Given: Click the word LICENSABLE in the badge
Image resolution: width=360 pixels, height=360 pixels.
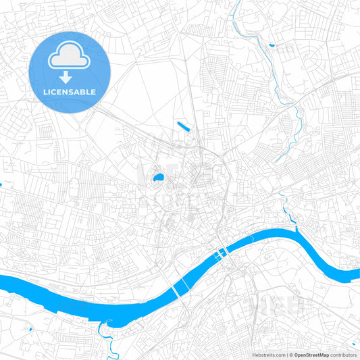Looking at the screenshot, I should tap(69, 91).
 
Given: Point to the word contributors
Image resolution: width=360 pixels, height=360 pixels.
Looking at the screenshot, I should tap(344, 355).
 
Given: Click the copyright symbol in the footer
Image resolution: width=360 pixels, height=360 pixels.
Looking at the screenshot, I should tap(291, 355).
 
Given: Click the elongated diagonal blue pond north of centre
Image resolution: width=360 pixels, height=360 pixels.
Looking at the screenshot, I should tap(183, 126).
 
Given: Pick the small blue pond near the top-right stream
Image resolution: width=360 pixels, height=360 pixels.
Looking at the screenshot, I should tap(272, 45).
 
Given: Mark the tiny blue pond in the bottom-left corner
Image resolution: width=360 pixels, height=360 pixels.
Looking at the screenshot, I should tap(31, 329).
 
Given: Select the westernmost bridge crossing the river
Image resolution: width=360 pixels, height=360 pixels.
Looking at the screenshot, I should tap(176, 290).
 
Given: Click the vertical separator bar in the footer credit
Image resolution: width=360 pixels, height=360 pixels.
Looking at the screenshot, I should tap(287, 355).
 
